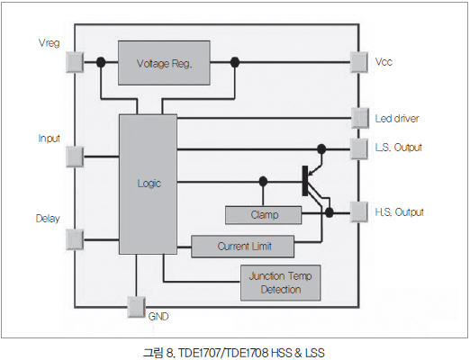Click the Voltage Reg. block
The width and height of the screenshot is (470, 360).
(x=164, y=63)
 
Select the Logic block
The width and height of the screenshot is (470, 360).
(x=148, y=184)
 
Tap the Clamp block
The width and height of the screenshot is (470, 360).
(x=263, y=215)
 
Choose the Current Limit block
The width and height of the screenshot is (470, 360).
(x=242, y=247)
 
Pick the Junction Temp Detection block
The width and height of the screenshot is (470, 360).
(x=281, y=283)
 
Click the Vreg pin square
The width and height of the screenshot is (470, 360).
(x=75, y=62)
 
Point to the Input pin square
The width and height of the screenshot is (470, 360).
(x=75, y=157)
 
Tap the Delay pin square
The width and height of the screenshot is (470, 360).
(x=75, y=239)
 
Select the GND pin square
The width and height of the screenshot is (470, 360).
(x=136, y=307)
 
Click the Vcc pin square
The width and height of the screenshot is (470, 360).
(x=359, y=62)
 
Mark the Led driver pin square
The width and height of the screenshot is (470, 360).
(x=360, y=118)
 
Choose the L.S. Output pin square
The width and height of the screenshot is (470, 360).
(x=359, y=148)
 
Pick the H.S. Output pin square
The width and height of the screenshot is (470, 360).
(x=359, y=212)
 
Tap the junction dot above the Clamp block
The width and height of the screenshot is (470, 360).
(x=263, y=181)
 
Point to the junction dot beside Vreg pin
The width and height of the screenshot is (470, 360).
(x=101, y=62)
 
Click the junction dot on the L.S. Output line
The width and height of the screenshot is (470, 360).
(x=321, y=148)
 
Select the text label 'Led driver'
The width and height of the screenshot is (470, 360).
(x=397, y=119)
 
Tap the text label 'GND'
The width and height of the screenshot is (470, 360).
(x=158, y=316)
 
